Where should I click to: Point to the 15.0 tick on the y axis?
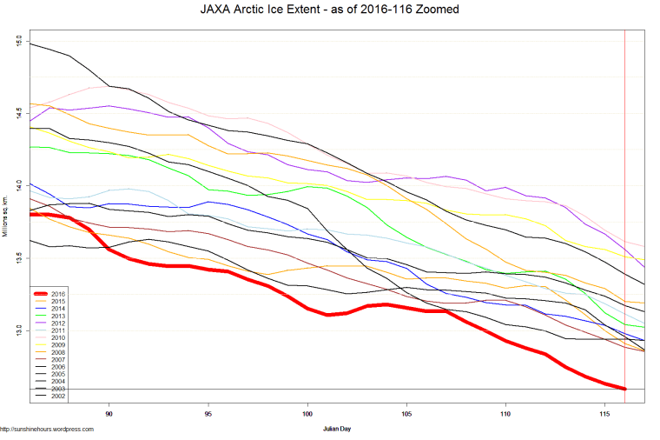[x=19, y=42]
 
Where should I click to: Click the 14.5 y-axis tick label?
[x=19, y=114]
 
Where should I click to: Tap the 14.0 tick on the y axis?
[x=19, y=186]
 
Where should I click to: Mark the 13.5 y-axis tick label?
[x=19, y=258]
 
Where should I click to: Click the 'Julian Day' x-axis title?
[x=337, y=428]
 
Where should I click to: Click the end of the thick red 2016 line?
[x=624, y=388]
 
